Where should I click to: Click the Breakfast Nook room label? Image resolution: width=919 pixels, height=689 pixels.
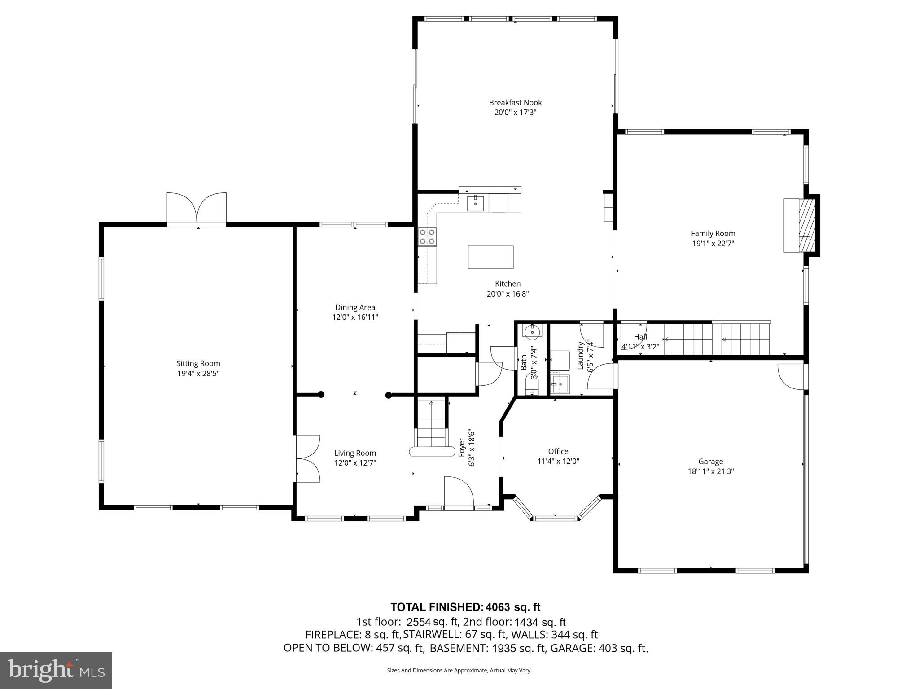(x=515, y=103)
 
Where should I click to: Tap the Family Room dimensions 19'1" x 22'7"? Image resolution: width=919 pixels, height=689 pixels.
(x=713, y=244)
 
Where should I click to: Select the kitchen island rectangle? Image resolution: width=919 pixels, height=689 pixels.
(x=490, y=257)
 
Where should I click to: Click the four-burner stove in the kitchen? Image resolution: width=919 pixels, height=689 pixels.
(x=427, y=237)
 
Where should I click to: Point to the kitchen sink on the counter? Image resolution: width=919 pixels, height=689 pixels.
(x=475, y=203)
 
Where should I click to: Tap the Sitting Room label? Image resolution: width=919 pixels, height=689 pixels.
(x=198, y=363)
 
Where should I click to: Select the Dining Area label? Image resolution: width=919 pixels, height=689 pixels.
(x=355, y=307)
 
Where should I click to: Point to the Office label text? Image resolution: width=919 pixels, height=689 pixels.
(x=558, y=451)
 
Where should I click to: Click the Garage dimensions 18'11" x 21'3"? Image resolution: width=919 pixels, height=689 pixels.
(x=710, y=471)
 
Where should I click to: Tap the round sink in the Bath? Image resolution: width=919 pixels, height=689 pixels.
(x=533, y=331)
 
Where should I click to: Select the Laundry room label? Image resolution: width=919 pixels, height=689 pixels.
(x=580, y=356)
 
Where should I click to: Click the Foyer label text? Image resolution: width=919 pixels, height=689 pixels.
(x=461, y=447)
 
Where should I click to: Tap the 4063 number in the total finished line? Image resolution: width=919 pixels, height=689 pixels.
(x=495, y=607)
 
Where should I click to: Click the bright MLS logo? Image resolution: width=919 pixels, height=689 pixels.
(x=56, y=670)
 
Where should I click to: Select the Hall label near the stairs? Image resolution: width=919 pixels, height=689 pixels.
(x=640, y=337)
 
